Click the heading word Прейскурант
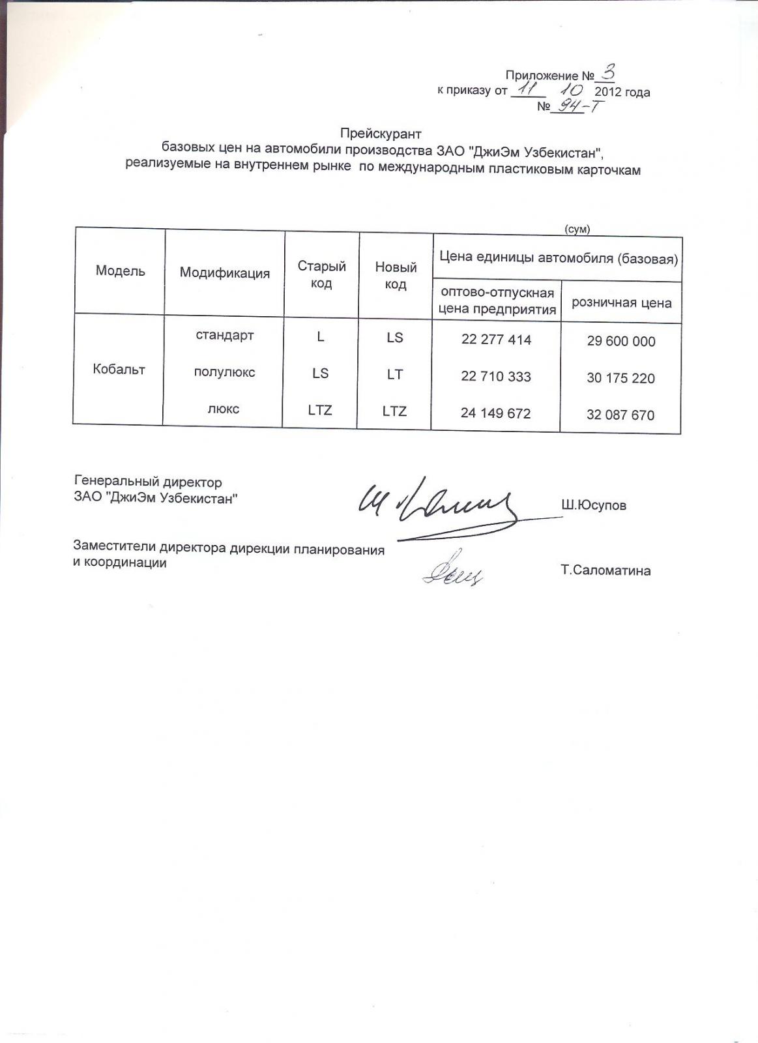pos(381,134)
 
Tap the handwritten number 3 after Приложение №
pos(608,72)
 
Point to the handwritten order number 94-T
pos(576,106)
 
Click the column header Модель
pos(121,271)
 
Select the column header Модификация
pos(225,273)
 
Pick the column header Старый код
pos(321,274)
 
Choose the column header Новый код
pos(396,275)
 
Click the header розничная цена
pos(621,302)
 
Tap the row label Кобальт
pos(119,370)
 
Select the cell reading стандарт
pos(225,336)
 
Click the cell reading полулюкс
pos(225,372)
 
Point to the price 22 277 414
pos(496,340)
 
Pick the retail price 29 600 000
pos(621,341)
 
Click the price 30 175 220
pos(620,378)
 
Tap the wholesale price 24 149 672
pos(495,413)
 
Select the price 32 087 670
pos(620,415)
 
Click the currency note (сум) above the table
pos(577,229)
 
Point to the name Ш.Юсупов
pos(594,505)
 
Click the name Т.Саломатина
pos(605,571)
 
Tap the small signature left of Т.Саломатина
pos(452,571)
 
